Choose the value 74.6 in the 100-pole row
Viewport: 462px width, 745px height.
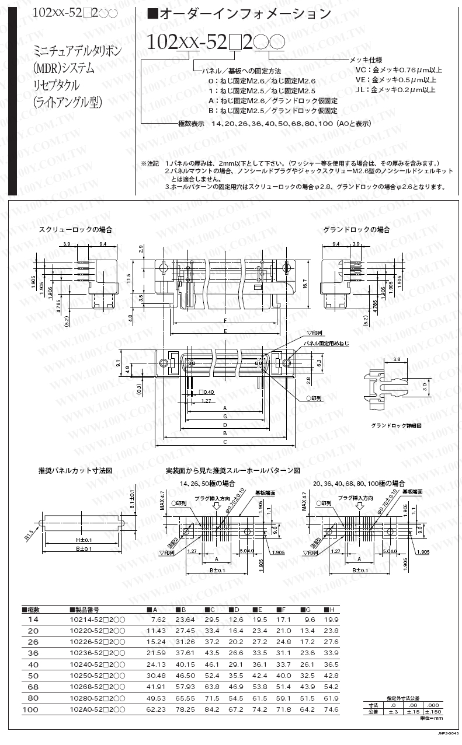click(331, 709)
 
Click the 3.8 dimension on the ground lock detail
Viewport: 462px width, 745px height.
click(397, 359)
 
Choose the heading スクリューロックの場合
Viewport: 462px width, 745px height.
click(75, 229)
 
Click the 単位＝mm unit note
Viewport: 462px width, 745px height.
click(432, 718)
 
